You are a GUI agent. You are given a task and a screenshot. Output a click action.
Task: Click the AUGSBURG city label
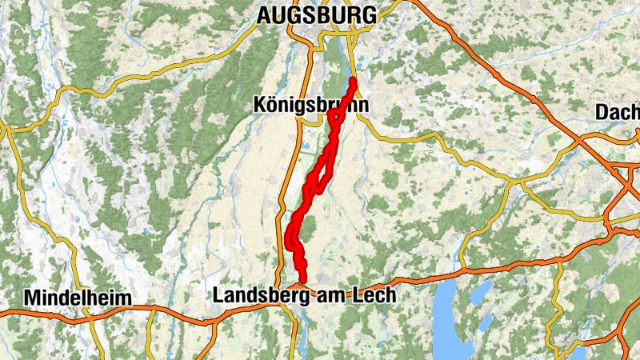point(316,14)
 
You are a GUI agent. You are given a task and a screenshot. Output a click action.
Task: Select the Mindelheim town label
point(77,298)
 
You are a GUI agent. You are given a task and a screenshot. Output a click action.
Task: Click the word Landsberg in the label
point(253,295)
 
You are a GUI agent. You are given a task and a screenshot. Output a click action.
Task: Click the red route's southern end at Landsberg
point(302,279)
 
